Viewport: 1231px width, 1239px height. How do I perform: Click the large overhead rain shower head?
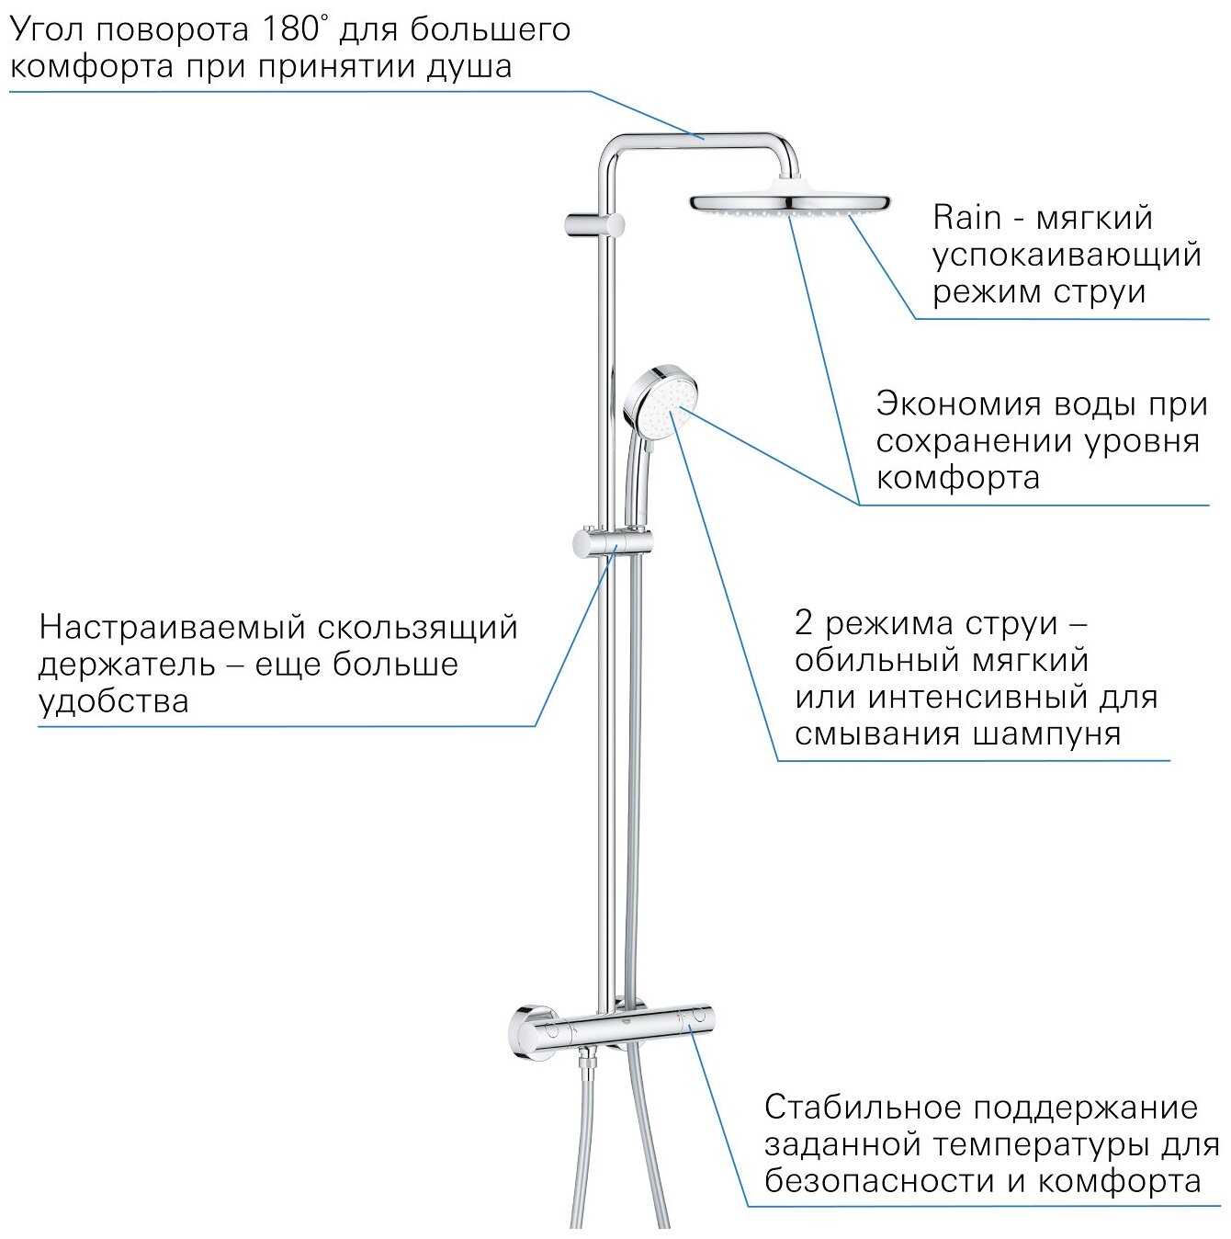coord(788,203)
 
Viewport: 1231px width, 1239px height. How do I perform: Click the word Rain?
coord(966,219)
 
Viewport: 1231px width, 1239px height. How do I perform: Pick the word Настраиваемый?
coord(170,628)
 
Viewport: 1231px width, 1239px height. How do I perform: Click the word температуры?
coord(1040,1145)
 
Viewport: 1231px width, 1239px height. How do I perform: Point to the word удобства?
coord(114,702)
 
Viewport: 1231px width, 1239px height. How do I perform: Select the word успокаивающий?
coord(1067,256)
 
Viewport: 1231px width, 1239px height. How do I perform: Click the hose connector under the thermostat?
coord(587,1065)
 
